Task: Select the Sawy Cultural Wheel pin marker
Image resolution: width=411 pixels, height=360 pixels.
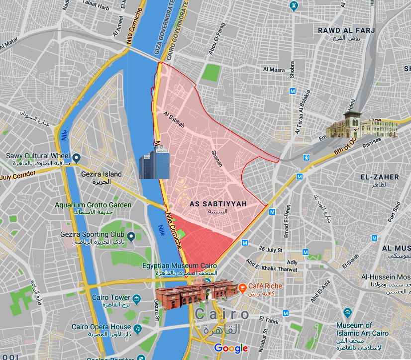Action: click(x=76, y=158)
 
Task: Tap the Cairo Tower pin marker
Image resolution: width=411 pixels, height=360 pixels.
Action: click(x=137, y=298)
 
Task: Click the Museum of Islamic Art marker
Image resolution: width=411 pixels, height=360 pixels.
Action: click(x=347, y=313)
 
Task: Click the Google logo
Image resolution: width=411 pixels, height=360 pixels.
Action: click(x=231, y=348)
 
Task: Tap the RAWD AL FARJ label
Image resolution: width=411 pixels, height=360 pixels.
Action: click(x=339, y=31)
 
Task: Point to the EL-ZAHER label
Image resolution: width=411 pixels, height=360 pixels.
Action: click(x=380, y=177)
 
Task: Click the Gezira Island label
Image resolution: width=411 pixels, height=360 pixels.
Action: click(x=102, y=174)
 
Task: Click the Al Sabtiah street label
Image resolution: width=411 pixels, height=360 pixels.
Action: click(x=174, y=120)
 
